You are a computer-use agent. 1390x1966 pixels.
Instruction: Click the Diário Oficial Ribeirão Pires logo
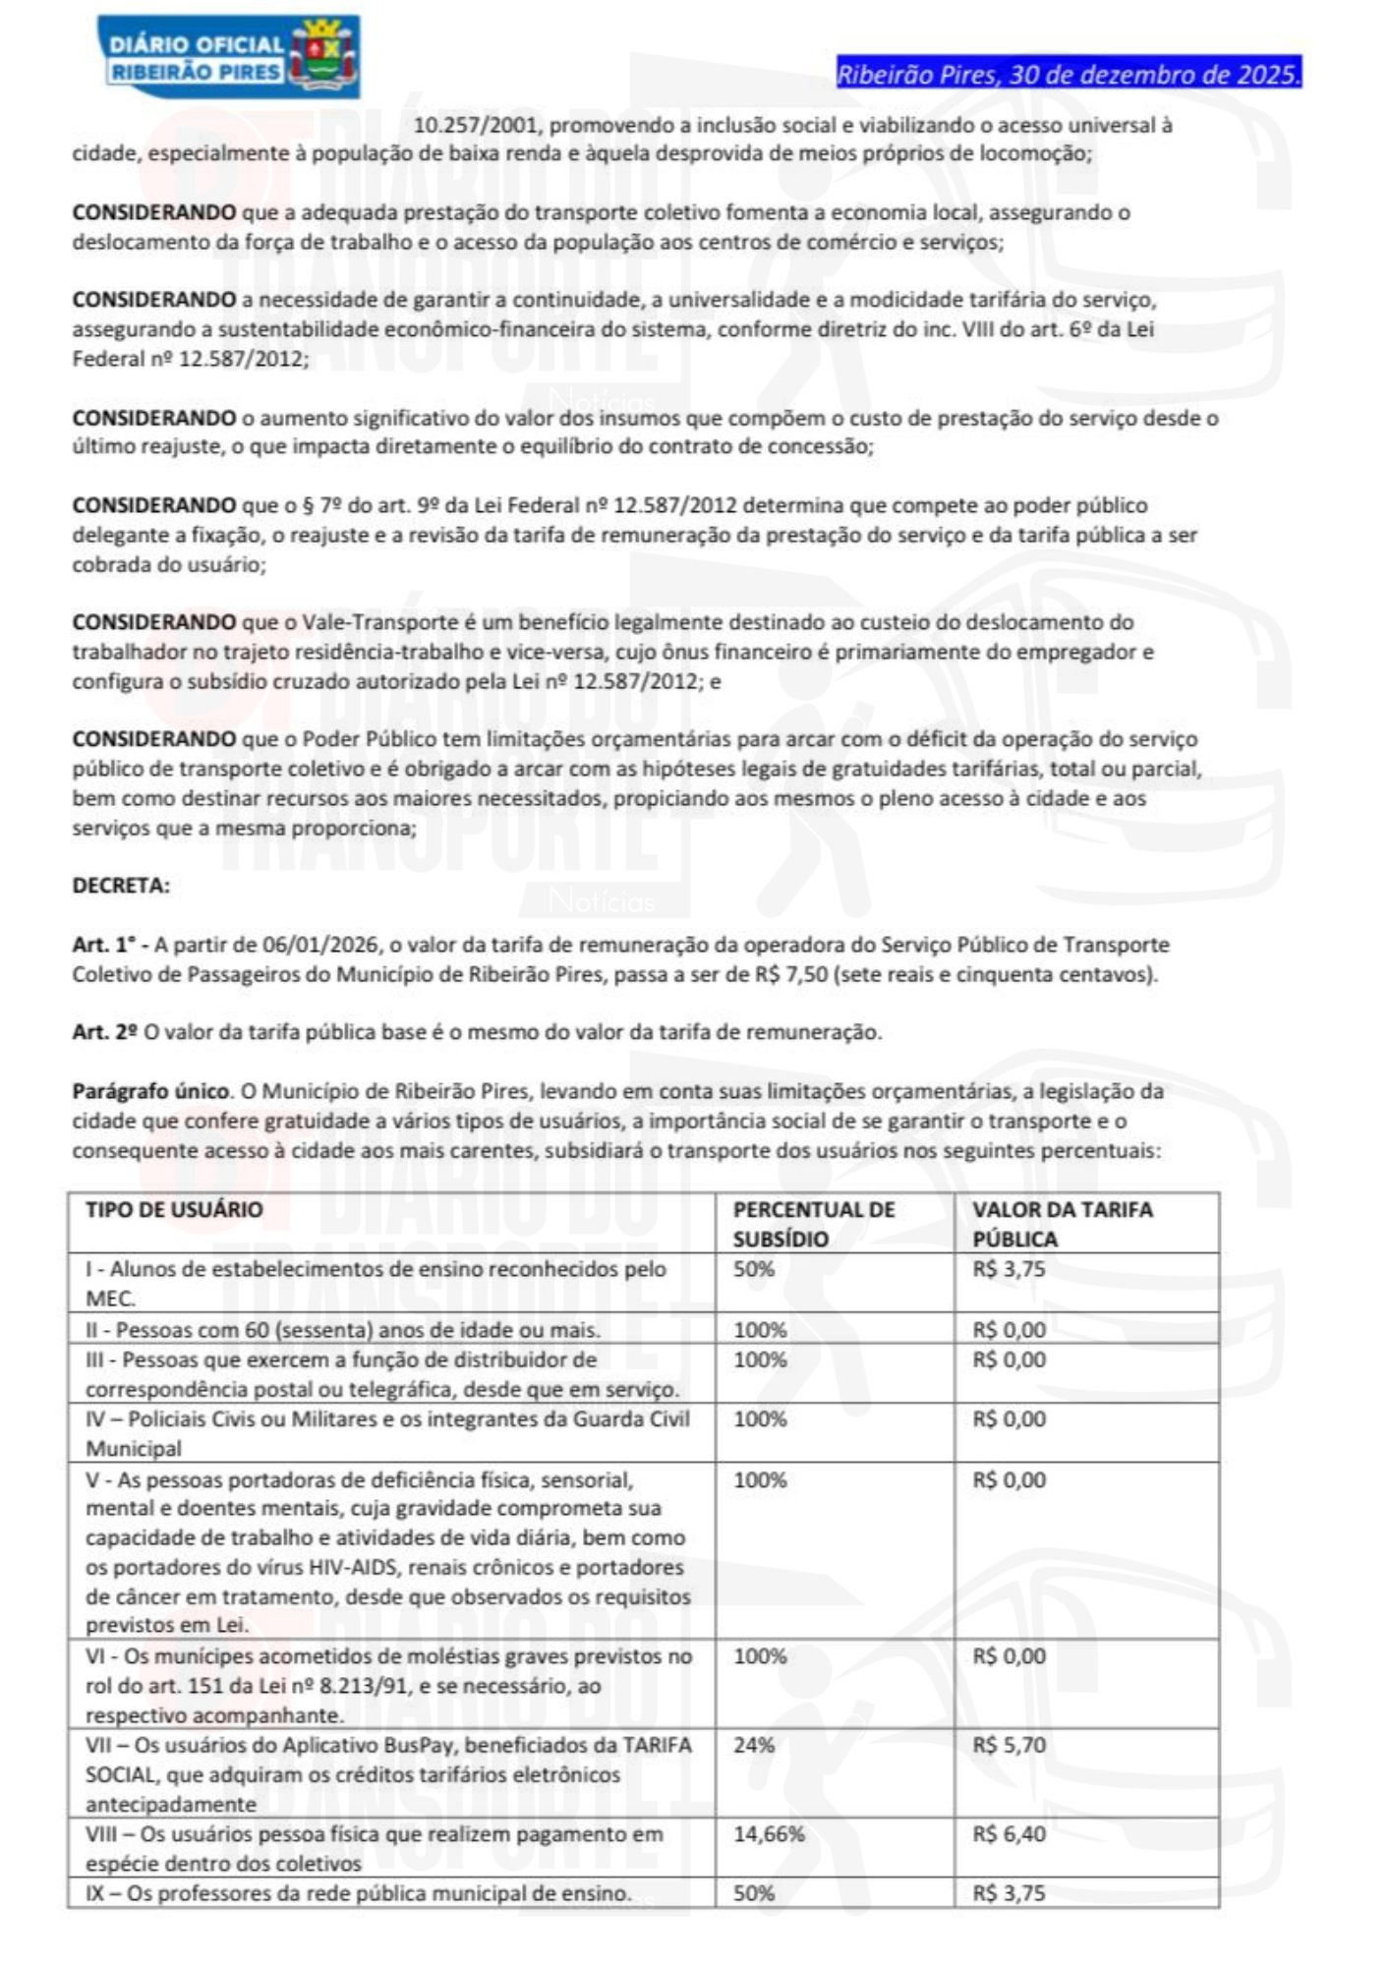[x=229, y=57]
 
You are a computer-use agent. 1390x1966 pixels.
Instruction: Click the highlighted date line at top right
[x=1069, y=74]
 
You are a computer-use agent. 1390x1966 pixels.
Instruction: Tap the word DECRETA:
[x=121, y=885]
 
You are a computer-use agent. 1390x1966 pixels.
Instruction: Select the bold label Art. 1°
[x=108, y=945]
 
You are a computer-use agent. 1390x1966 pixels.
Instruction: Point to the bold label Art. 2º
[x=105, y=1032]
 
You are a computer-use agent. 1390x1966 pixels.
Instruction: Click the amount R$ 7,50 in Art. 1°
[x=798, y=974]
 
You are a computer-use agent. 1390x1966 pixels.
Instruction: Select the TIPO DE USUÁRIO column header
[x=174, y=1209]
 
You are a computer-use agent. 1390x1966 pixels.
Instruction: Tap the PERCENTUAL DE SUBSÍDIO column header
[x=814, y=1223]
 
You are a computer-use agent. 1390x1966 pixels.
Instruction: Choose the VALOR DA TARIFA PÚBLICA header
[x=1063, y=1223]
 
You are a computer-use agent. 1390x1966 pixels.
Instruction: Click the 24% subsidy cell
[x=754, y=1745]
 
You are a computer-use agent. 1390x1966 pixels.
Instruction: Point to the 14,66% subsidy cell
[x=769, y=1833]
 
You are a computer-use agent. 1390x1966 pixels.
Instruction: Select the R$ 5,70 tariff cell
[x=1010, y=1745]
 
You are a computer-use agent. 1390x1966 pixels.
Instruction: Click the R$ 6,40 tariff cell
[x=1010, y=1833]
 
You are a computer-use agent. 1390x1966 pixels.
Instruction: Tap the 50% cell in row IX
[x=754, y=1892]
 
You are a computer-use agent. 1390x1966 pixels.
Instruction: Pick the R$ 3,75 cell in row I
[x=1010, y=1268]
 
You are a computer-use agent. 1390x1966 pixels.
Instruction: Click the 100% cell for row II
[x=760, y=1330]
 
